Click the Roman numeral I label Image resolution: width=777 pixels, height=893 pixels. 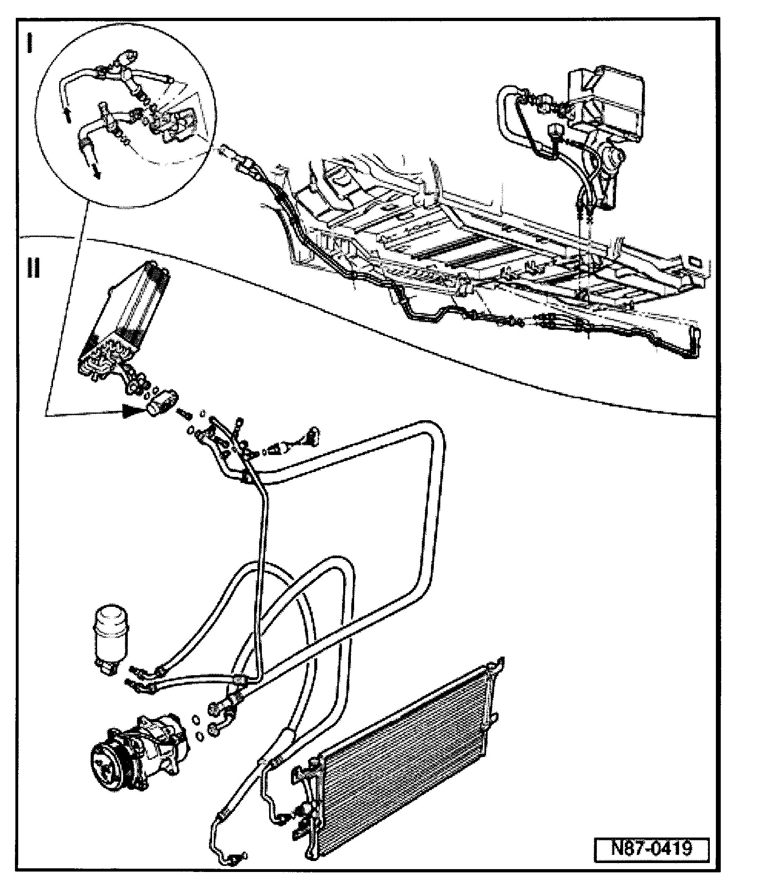click(x=30, y=43)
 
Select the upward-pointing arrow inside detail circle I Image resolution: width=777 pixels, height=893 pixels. click(x=67, y=115)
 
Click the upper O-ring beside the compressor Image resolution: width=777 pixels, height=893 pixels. click(x=196, y=721)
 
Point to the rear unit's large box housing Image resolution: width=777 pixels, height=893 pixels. click(x=607, y=104)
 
